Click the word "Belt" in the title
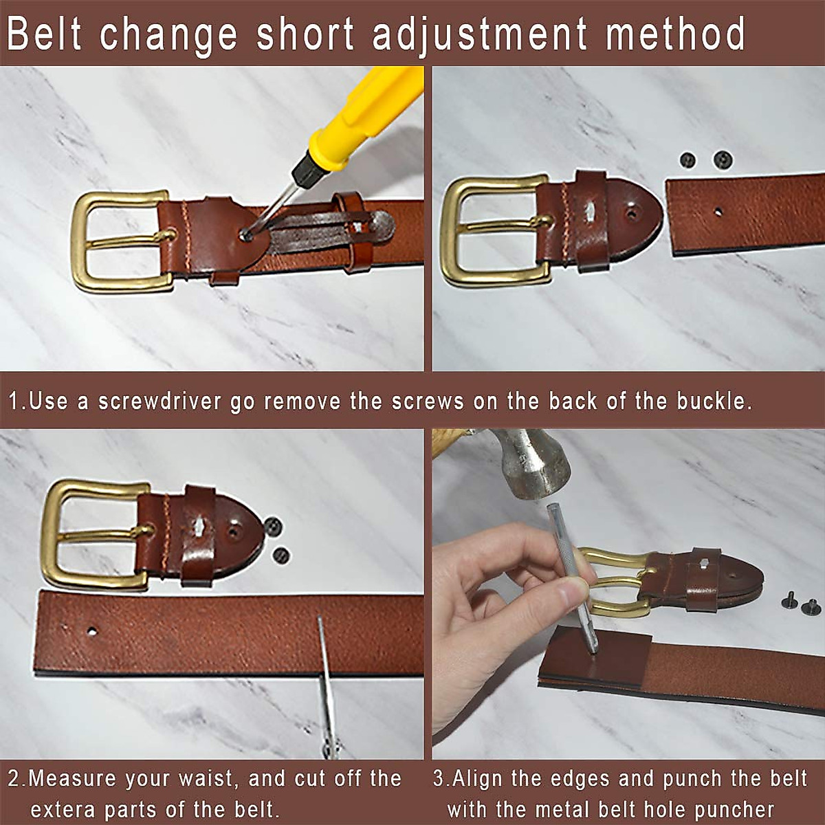coord(45,34)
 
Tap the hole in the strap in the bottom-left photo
coord(91,630)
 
